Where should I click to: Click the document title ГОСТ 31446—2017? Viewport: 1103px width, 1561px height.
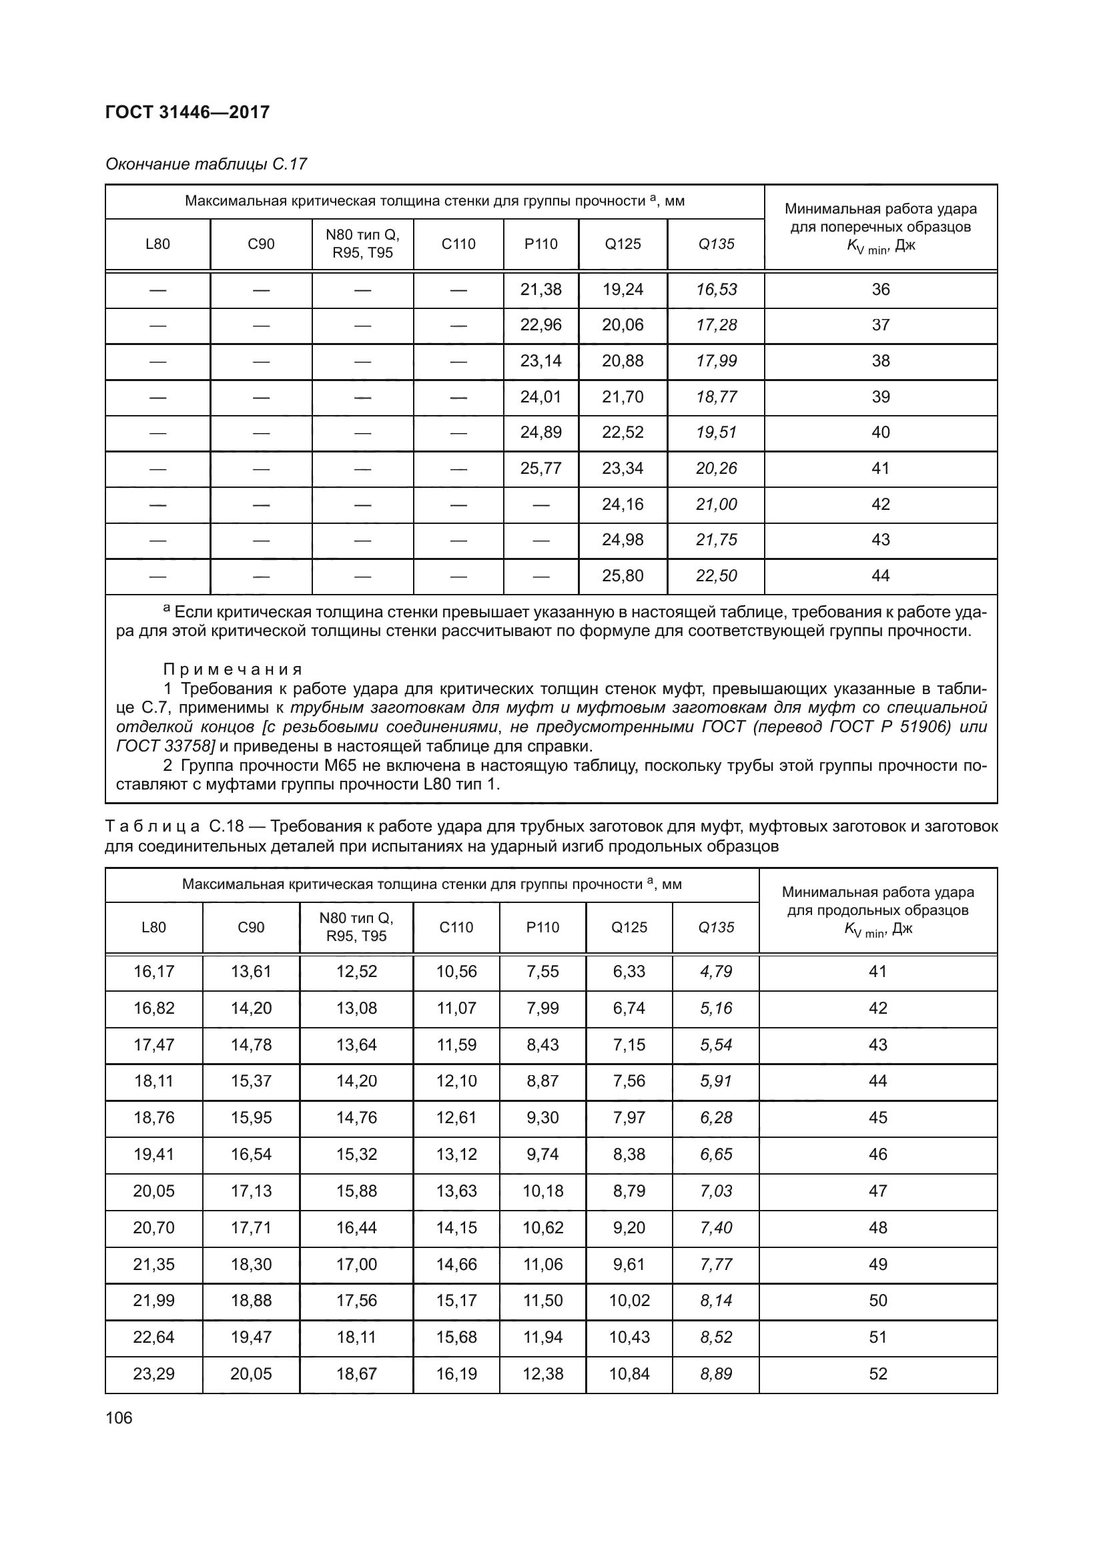(188, 112)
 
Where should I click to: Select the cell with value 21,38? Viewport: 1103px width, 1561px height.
(541, 290)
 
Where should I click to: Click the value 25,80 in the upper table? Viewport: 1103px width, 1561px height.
(623, 576)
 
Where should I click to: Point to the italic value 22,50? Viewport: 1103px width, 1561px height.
(716, 576)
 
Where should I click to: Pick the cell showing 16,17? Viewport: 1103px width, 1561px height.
(153, 972)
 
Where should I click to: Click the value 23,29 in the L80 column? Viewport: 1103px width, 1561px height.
(153, 1374)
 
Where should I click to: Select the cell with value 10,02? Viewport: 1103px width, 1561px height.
(629, 1301)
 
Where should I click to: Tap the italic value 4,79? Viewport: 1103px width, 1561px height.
(716, 972)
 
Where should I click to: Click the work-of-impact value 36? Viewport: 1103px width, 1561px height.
(881, 290)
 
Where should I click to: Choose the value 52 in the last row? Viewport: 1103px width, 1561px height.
(878, 1374)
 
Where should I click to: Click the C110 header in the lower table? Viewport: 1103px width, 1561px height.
(456, 928)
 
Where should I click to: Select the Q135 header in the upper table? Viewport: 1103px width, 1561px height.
(716, 244)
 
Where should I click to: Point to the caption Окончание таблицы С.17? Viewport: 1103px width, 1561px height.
(206, 164)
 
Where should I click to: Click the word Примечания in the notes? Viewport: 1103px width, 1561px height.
(232, 669)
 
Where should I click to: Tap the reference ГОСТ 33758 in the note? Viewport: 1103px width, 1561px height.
(164, 747)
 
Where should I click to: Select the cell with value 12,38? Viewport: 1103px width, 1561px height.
(542, 1374)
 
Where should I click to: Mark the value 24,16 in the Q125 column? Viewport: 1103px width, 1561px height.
(623, 505)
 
